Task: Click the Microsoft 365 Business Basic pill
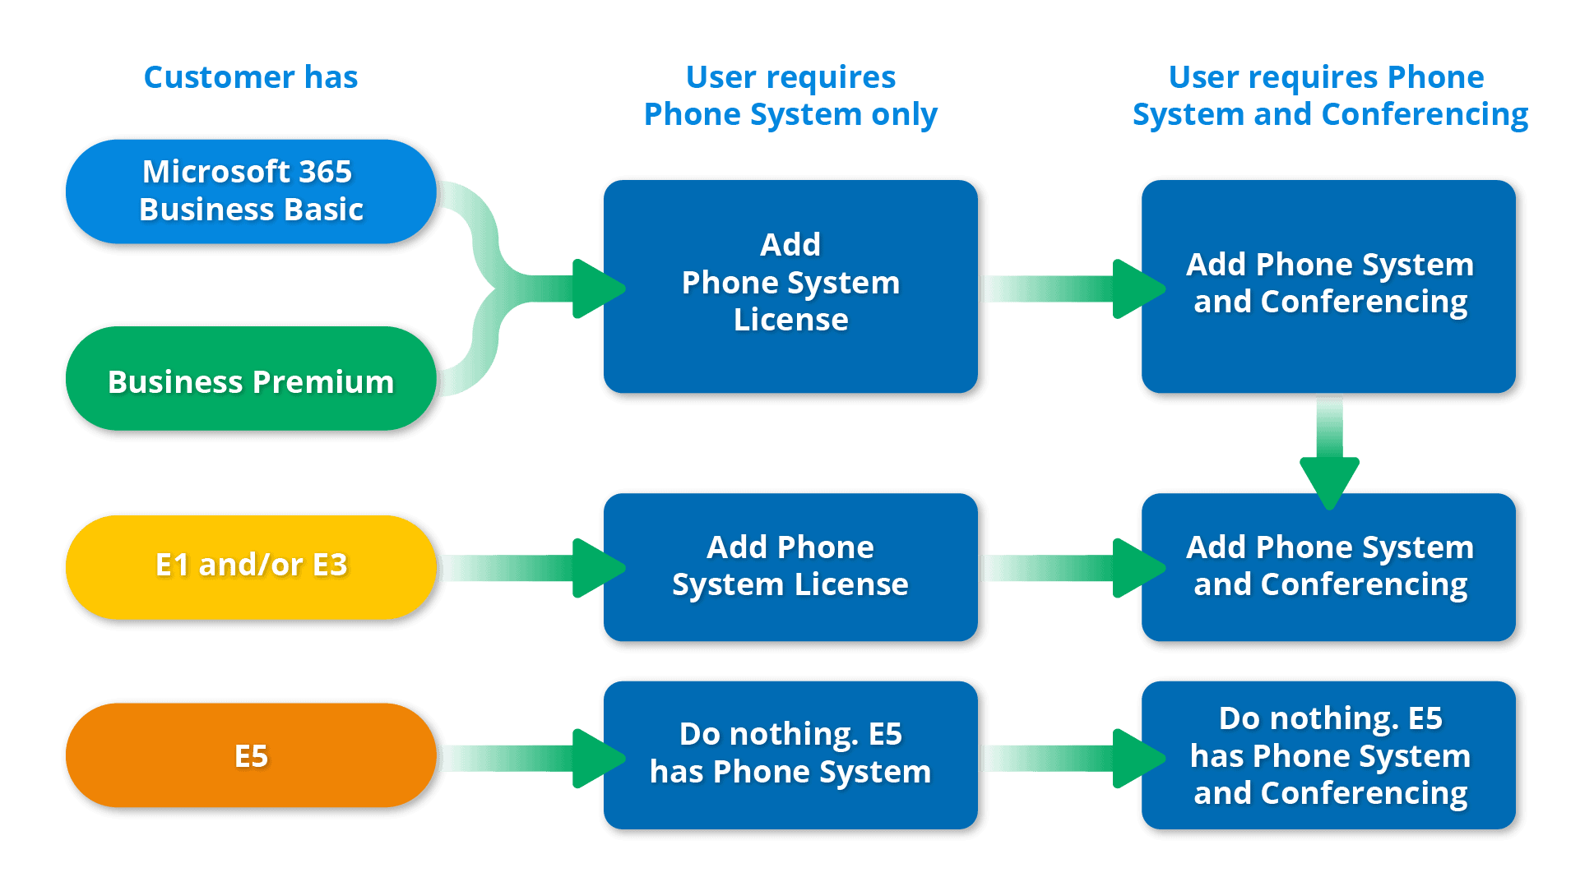pyautogui.click(x=250, y=191)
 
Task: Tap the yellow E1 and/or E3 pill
pyautogui.click(x=250, y=567)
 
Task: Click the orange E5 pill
pyautogui.click(x=250, y=755)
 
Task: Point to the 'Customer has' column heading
pyautogui.click(x=250, y=77)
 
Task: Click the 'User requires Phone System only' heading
pyautogui.click(x=790, y=95)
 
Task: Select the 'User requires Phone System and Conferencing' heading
pyautogui.click(x=1329, y=95)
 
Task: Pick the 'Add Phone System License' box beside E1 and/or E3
pyautogui.click(x=790, y=567)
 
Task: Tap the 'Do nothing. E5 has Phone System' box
pyautogui.click(x=790, y=755)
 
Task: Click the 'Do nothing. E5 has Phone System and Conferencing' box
pyautogui.click(x=1329, y=755)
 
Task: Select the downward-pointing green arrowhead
pyautogui.click(x=1329, y=480)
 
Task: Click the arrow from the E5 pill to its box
pyautogui.click(x=526, y=758)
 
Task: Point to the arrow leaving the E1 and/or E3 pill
pyautogui.click(x=526, y=568)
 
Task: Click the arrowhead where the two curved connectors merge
pyautogui.click(x=596, y=289)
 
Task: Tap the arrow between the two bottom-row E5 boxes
pyautogui.click(x=1069, y=758)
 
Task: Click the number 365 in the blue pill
pyautogui.click(x=325, y=172)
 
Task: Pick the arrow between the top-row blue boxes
pyautogui.click(x=1069, y=289)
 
